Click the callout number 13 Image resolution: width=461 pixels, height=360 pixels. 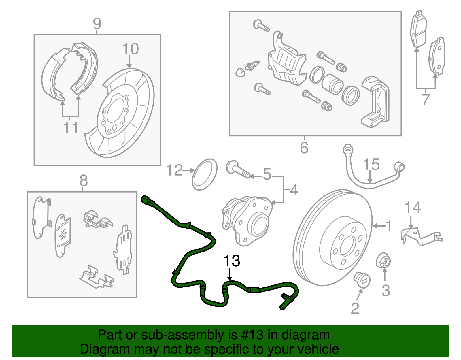pos(232,261)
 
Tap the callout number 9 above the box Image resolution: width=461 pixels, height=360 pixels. pos(97,24)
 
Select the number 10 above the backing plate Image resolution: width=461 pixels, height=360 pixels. pos(130,49)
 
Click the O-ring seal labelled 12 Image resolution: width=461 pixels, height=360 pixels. pos(204,174)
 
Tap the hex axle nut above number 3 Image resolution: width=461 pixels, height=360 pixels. pos(383,261)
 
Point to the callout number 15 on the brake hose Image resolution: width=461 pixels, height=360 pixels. pos(371,165)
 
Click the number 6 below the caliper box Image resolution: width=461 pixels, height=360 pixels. pos(304,148)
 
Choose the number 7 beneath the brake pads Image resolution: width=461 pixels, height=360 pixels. pos(426,100)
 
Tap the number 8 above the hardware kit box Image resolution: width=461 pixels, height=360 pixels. pos(83,181)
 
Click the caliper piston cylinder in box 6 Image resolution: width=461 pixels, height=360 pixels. pos(332,84)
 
